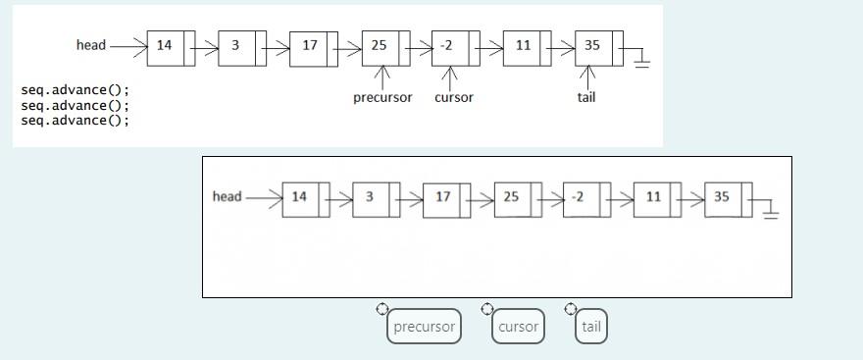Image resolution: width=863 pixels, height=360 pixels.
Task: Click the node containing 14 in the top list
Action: click(165, 46)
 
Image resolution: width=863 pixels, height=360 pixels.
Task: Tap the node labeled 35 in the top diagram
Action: click(593, 46)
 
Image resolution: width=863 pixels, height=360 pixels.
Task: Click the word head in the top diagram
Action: click(91, 45)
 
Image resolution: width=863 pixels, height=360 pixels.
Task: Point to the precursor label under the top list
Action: click(382, 97)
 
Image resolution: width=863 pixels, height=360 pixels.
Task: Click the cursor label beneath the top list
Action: click(453, 97)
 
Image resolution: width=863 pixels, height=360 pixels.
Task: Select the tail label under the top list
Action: click(586, 97)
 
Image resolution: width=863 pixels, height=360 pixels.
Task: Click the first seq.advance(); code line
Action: click(75, 90)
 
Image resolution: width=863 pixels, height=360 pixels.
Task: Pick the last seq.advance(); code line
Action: click(75, 120)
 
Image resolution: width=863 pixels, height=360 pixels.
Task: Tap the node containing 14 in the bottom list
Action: click(300, 197)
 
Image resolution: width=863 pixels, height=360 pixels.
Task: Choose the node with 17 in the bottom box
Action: click(443, 197)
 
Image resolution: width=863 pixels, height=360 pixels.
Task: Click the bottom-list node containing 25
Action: click(512, 197)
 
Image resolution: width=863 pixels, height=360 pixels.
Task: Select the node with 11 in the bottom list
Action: click(653, 197)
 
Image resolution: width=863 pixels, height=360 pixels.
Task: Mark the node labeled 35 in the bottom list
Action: click(723, 197)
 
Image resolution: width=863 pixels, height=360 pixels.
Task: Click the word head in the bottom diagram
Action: click(227, 197)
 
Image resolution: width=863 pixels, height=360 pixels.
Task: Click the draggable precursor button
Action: click(424, 327)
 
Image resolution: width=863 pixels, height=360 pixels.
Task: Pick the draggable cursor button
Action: click(518, 327)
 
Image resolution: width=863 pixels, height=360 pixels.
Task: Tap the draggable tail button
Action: click(591, 327)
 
